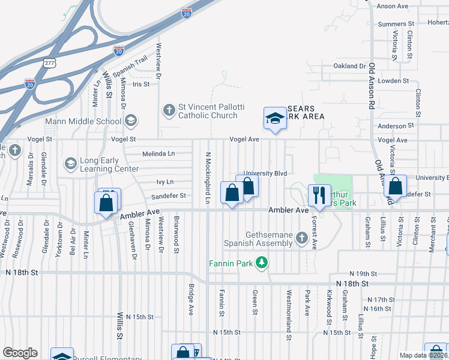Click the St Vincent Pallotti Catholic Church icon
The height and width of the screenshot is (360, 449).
tap(169, 110)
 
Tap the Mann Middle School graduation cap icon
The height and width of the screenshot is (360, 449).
tap(130, 121)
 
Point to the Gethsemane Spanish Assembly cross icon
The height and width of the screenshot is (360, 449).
tap(303, 239)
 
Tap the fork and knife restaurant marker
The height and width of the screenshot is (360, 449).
tap(318, 194)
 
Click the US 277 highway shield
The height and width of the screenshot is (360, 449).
tap(49, 61)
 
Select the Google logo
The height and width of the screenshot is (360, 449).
tap(20, 353)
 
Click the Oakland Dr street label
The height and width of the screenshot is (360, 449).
tap(349, 66)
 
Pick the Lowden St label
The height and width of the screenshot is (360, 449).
tap(393, 80)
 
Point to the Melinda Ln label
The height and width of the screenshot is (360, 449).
tap(158, 154)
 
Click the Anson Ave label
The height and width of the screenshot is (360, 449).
tap(392, 6)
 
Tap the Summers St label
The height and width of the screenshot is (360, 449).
tap(393, 25)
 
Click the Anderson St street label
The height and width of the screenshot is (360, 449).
tap(393, 126)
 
